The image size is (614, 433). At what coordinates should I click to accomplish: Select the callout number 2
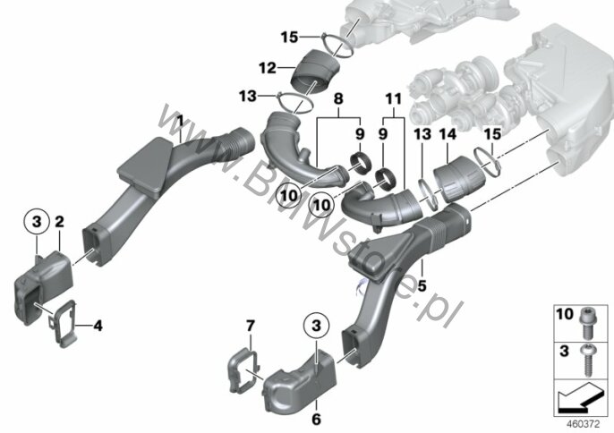[59, 222]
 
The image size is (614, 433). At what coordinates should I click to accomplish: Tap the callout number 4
[98, 325]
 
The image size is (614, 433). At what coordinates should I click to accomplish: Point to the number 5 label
[422, 285]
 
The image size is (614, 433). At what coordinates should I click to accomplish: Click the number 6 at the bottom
[316, 420]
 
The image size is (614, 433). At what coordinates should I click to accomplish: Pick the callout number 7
[251, 326]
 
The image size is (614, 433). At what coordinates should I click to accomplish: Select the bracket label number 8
[338, 98]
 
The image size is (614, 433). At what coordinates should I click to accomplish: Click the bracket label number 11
[393, 98]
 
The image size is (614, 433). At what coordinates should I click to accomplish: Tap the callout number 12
[268, 68]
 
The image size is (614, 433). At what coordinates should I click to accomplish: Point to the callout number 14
[448, 134]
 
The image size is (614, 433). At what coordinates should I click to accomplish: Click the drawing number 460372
[583, 423]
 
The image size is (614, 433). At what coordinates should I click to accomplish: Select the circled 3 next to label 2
[37, 222]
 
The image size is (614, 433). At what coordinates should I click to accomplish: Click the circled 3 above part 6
[316, 326]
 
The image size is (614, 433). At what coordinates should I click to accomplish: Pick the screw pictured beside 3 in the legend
[586, 359]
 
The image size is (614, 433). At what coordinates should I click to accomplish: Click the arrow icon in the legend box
[580, 398]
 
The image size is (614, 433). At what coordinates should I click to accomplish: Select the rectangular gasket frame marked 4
[63, 323]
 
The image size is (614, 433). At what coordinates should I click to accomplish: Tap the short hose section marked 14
[459, 179]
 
